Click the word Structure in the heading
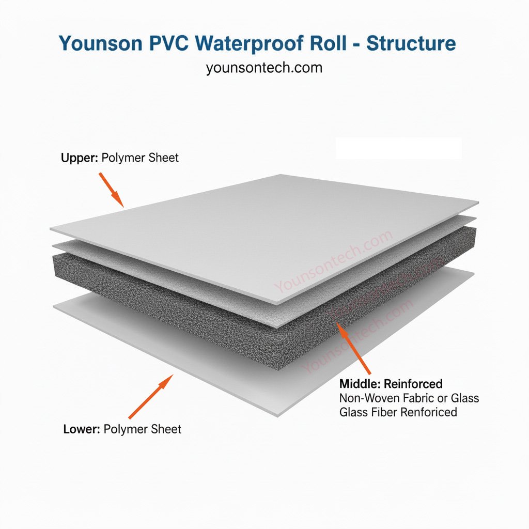click(411, 43)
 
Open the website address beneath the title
click(264, 68)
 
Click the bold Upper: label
click(79, 158)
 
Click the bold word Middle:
click(360, 384)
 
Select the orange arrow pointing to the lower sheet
click(150, 396)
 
